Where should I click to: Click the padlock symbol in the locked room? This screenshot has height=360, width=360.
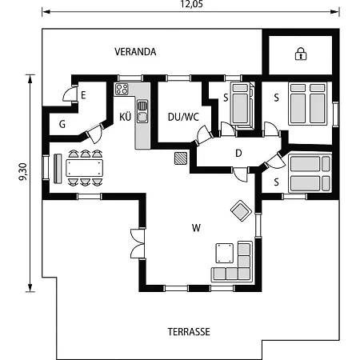click(x=301, y=54)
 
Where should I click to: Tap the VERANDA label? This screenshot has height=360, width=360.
click(x=135, y=52)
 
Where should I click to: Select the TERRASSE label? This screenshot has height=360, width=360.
click(x=189, y=332)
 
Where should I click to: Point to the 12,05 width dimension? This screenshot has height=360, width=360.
click(x=191, y=4)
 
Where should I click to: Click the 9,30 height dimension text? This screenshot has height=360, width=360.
click(x=23, y=171)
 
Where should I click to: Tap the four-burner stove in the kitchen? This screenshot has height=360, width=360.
click(x=122, y=89)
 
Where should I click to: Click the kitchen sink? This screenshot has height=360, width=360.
click(x=142, y=111)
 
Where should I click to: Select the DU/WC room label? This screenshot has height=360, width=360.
click(x=183, y=117)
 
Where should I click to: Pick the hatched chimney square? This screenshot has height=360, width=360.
click(x=181, y=158)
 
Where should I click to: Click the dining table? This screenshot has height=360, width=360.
click(x=85, y=168)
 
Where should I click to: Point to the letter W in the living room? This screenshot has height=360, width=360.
click(x=196, y=228)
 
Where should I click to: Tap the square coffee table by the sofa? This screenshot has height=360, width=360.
click(x=225, y=253)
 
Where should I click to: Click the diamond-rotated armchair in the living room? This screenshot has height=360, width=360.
click(x=241, y=210)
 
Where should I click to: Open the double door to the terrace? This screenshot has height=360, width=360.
click(x=138, y=243)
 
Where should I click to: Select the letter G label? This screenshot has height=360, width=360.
click(x=62, y=124)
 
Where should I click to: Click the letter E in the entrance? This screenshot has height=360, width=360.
click(x=83, y=95)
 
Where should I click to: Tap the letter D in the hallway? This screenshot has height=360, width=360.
click(x=238, y=153)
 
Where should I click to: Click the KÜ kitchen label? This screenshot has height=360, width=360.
click(x=125, y=117)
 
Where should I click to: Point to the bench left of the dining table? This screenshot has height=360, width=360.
click(x=58, y=169)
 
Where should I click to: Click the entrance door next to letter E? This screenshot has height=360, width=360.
click(x=70, y=94)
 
